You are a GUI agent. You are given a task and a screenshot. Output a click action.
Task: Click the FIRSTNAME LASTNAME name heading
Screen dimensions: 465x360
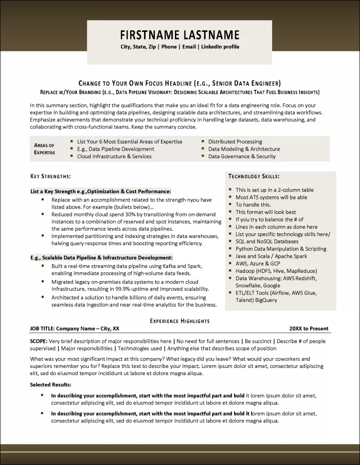pos(179,35)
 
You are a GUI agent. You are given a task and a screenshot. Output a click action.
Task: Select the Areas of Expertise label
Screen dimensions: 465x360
pos(44,149)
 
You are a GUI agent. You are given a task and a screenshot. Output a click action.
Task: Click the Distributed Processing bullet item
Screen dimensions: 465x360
pos(235,142)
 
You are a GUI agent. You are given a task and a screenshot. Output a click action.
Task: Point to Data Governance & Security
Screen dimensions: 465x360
pos(242,156)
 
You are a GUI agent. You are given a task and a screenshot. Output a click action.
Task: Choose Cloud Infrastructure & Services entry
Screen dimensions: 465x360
pos(114,156)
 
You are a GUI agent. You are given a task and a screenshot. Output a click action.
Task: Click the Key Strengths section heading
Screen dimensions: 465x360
pos(51,176)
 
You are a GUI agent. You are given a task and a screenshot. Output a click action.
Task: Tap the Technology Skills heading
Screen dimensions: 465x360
pos(254,176)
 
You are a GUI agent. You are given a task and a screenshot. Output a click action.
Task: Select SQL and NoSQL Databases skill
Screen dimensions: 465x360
pos(267,241)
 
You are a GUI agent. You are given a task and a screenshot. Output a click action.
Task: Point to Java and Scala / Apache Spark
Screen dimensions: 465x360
pos(272,256)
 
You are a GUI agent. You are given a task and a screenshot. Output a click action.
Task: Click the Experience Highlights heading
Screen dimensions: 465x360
pos(179,321)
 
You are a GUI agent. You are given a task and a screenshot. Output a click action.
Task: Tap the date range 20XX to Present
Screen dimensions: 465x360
pos(309,329)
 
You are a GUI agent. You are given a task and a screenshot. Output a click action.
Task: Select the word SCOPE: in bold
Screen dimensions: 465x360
pos(39,341)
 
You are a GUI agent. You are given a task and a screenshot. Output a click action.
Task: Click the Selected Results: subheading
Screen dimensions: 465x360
pos(50,384)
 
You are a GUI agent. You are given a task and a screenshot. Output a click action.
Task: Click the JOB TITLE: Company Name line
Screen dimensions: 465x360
pos(75,329)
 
